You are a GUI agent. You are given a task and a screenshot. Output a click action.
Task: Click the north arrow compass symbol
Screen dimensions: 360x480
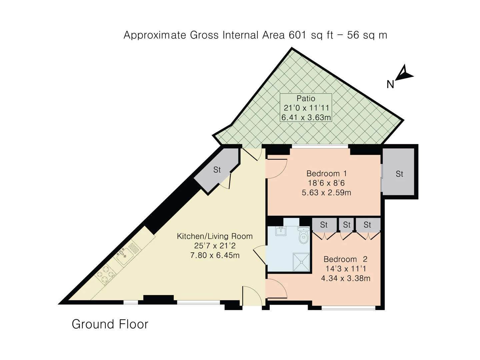pyautogui.click(x=404, y=73)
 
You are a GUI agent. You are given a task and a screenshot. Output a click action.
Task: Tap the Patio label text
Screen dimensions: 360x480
pyautogui.click(x=306, y=98)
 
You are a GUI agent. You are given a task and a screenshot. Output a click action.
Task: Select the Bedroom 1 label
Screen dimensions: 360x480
pyautogui.click(x=326, y=174)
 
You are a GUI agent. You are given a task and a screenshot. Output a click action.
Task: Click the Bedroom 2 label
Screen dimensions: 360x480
pyautogui.click(x=345, y=259)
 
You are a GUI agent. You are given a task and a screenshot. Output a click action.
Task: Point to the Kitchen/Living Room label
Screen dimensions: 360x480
pyautogui.click(x=214, y=236)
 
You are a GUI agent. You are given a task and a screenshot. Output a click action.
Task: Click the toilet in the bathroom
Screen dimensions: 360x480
pyautogui.click(x=303, y=236)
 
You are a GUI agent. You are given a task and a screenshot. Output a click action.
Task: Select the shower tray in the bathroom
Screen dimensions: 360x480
pyautogui.click(x=301, y=262)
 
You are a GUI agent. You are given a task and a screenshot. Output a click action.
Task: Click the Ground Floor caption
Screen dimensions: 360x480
pyautogui.click(x=110, y=324)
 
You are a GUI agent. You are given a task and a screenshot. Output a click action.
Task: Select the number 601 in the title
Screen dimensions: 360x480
pyautogui.click(x=297, y=35)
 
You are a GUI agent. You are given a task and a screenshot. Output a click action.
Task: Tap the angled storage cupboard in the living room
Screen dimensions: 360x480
pyautogui.click(x=217, y=170)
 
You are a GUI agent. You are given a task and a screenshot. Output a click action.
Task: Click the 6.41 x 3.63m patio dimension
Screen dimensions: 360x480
pyautogui.click(x=306, y=117)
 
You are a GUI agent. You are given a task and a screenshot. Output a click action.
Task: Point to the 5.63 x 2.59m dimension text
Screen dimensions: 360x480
pyautogui.click(x=326, y=193)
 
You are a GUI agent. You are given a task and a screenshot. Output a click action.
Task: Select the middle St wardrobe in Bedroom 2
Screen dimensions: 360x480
pyautogui.click(x=347, y=225)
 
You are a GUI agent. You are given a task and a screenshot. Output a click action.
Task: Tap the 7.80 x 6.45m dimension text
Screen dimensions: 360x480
pyautogui.click(x=214, y=256)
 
